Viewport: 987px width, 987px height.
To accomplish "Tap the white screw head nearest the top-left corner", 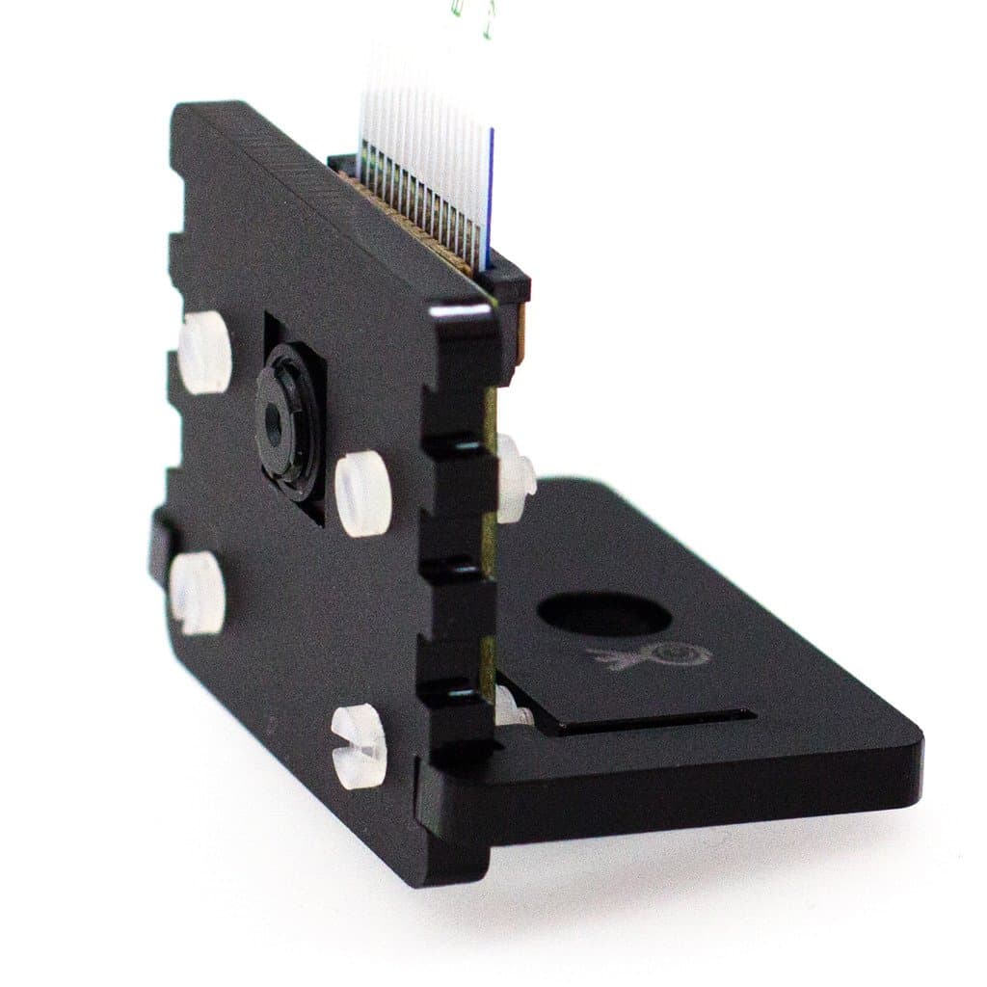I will click(x=205, y=352).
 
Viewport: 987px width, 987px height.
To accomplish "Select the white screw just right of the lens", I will click(x=363, y=493).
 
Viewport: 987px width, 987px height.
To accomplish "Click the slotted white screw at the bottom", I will click(x=359, y=746).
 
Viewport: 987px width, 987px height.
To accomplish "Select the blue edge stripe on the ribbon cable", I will click(x=490, y=193).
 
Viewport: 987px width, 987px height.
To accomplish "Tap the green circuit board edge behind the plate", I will click(x=490, y=540).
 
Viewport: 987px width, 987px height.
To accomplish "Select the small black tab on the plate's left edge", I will click(x=159, y=545).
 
